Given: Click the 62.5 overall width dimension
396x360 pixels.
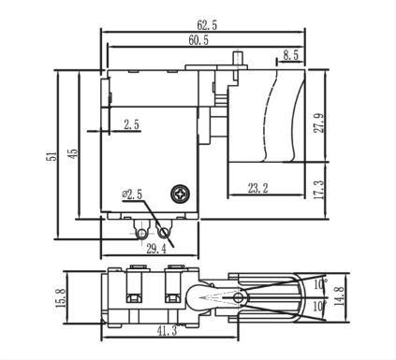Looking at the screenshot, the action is click(x=207, y=25).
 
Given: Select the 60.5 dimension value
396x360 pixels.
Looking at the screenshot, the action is click(x=198, y=40).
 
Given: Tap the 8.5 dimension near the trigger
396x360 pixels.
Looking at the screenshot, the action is click(x=291, y=55).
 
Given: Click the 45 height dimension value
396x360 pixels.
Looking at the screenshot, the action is click(x=74, y=153).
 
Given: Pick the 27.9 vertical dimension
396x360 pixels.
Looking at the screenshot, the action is click(x=319, y=122).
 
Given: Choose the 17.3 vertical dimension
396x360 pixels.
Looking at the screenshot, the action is click(x=319, y=189).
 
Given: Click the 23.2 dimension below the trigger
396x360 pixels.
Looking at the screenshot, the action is click(x=258, y=188).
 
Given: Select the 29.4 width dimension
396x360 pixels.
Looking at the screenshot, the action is click(x=156, y=249).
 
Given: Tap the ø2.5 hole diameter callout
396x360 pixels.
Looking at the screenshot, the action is click(x=132, y=194).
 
